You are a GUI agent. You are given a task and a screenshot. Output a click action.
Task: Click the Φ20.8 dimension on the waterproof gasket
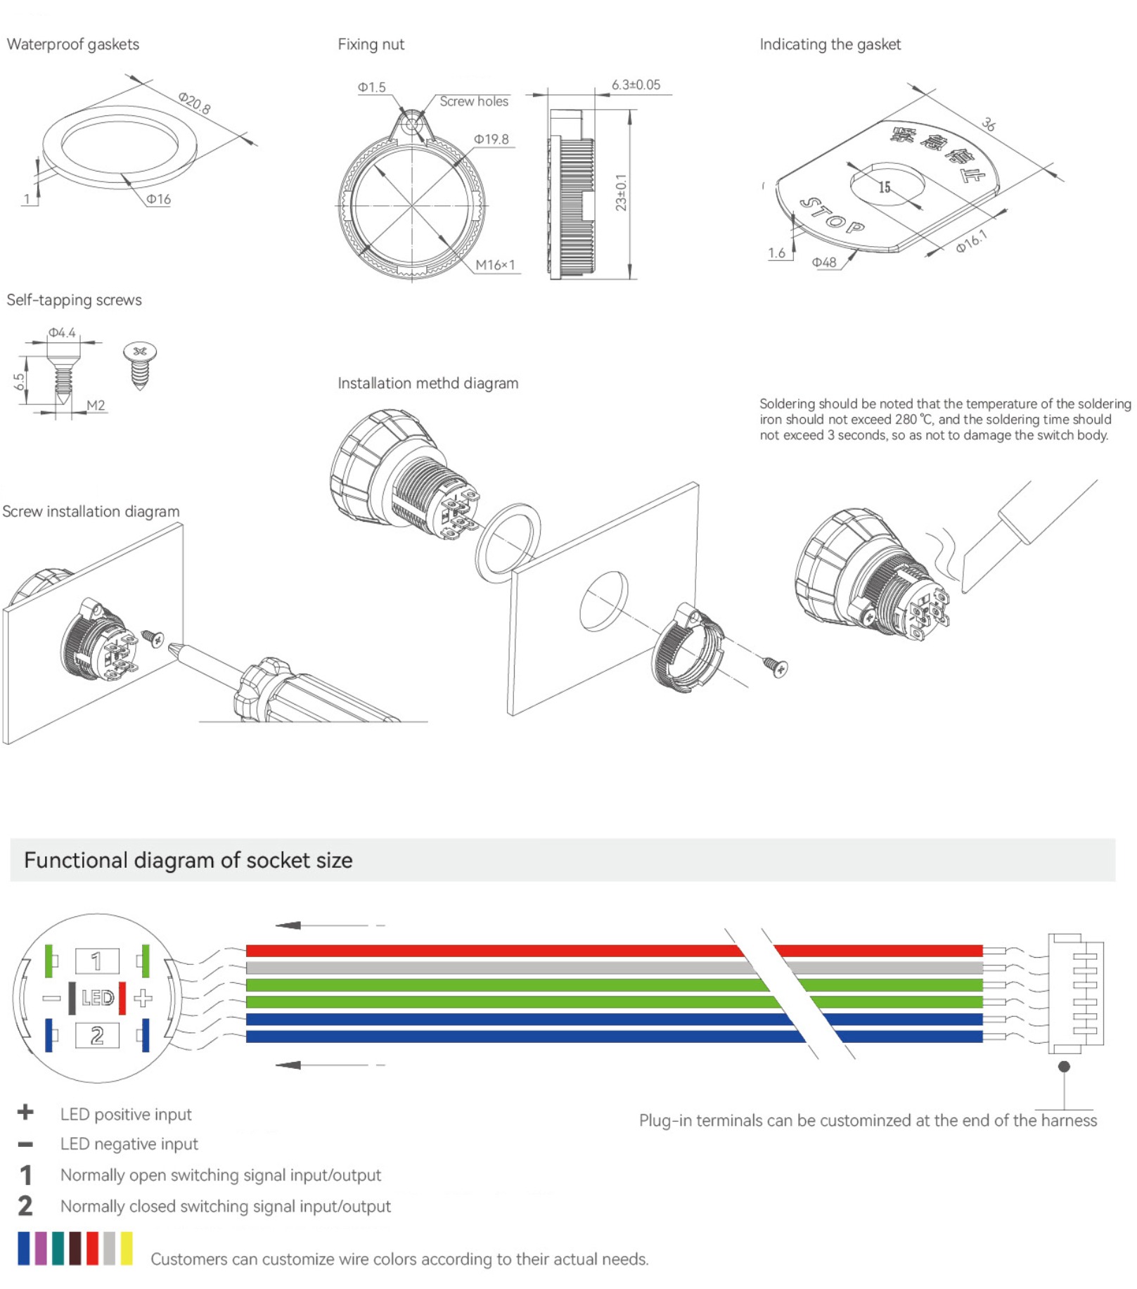point(193,103)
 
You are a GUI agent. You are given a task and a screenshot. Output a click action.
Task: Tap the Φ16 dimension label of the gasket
point(158,200)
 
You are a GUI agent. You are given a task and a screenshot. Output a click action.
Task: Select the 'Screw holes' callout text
point(473,101)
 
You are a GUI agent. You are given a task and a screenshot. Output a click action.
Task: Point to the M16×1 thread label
point(495,265)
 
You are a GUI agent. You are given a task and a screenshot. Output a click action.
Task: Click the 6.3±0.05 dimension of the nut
point(635,85)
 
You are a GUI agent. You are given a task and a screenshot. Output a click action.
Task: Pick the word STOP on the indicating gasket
point(833,216)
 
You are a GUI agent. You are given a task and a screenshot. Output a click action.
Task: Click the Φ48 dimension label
point(823,262)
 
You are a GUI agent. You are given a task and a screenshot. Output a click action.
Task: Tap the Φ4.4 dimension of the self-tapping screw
point(62,333)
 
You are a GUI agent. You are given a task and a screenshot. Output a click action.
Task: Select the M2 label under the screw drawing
point(96,406)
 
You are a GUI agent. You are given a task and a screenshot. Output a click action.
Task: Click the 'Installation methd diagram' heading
point(428,383)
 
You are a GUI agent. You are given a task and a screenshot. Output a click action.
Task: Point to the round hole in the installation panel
point(603,601)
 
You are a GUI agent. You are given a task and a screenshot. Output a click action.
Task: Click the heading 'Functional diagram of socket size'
point(188,860)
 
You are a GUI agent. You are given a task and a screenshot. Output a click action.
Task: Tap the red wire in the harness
point(492,951)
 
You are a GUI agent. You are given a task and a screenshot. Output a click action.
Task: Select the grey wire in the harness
point(492,968)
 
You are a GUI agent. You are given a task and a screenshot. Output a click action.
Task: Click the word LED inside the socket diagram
point(97,998)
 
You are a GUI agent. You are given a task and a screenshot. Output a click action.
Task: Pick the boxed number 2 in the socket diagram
point(97,1035)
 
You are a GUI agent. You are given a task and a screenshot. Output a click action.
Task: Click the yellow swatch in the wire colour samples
point(127,1248)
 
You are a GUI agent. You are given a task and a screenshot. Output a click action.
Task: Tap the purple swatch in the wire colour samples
point(41,1248)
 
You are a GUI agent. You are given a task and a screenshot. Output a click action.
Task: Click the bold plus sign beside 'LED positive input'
point(25,1112)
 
